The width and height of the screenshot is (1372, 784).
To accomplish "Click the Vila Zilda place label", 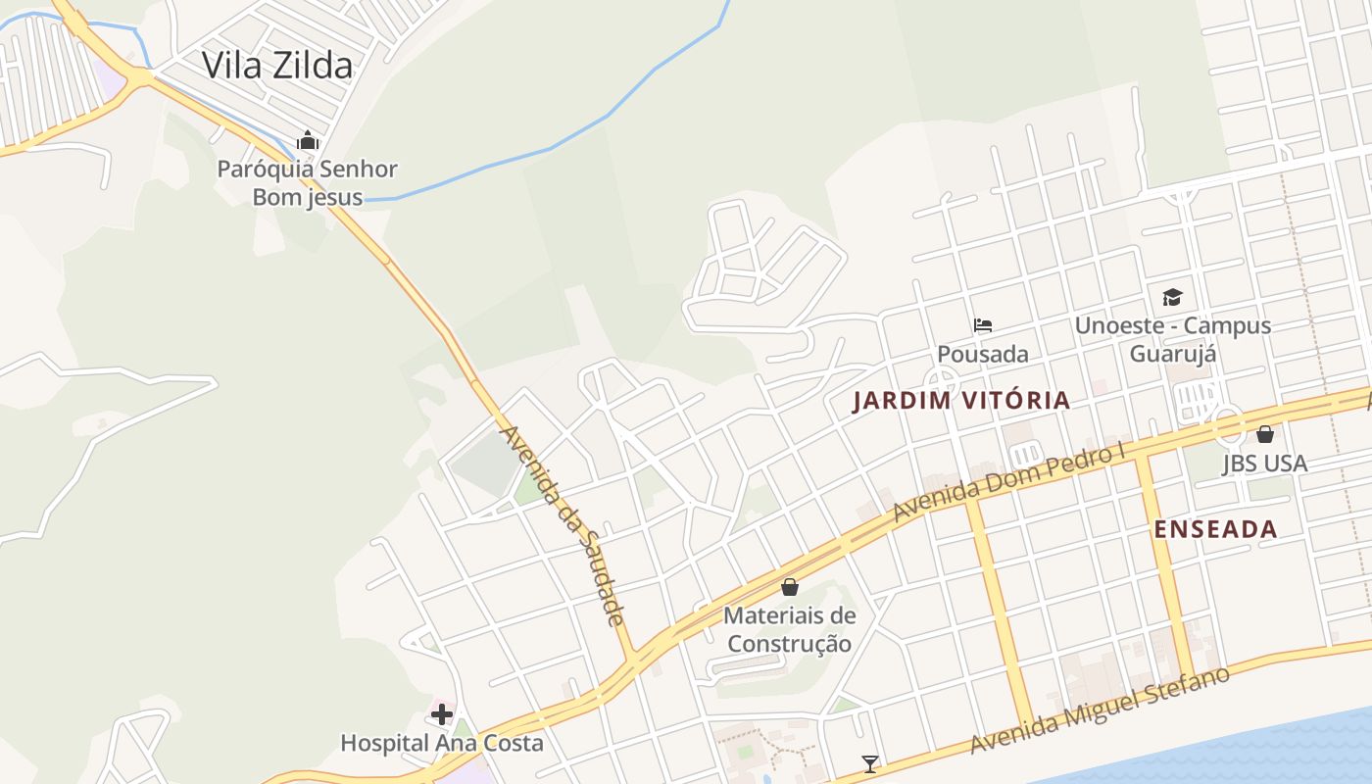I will (276, 66).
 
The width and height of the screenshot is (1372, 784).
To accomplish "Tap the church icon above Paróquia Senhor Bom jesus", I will (308, 141).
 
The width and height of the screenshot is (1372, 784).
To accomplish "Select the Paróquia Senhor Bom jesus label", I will (308, 183).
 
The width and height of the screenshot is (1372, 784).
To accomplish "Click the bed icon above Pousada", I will (983, 325).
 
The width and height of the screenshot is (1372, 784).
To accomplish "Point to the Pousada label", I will (983, 354).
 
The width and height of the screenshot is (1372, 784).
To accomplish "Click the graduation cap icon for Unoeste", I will (1172, 298).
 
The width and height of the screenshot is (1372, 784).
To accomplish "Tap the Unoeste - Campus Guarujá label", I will (1173, 339).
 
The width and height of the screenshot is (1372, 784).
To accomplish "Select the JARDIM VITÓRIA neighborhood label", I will (961, 400).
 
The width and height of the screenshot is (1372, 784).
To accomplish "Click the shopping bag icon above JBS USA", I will (1265, 433).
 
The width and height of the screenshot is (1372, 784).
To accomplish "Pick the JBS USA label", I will (1264, 463).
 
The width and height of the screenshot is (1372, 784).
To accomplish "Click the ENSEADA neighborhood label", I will (1215, 529).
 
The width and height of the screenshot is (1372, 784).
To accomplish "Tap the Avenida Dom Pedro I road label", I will (1009, 483).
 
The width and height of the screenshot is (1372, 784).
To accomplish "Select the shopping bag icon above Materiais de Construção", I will (790, 587).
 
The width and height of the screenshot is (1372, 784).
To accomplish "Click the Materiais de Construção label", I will (790, 630).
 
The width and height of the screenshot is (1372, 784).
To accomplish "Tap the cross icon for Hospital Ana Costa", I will (442, 714).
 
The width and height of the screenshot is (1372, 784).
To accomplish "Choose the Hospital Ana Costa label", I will (442, 743).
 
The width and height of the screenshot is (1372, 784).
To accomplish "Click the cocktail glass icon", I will (869, 763).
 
